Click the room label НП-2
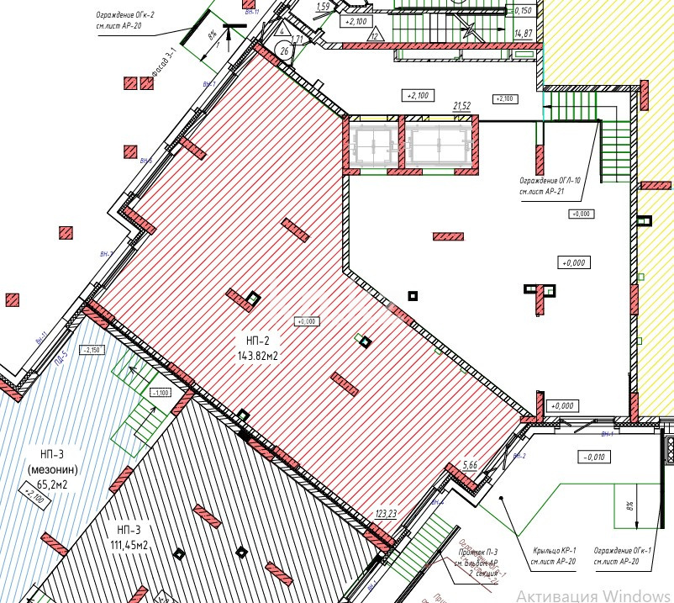tap(258, 341)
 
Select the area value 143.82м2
tap(258, 356)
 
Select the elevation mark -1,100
tap(160, 392)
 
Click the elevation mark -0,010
tap(592, 457)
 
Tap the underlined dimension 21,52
tap(461, 106)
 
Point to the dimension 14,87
tap(523, 34)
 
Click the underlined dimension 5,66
tap(470, 464)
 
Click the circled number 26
tap(284, 51)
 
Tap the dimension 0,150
tap(523, 11)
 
